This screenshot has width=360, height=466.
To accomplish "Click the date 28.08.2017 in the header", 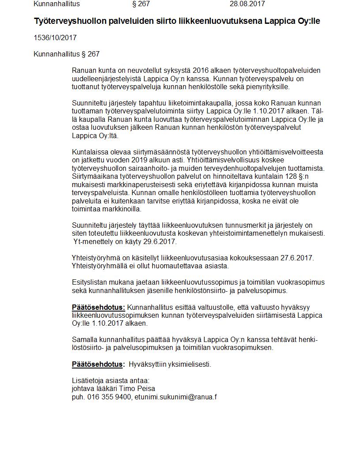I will [x=247, y=4].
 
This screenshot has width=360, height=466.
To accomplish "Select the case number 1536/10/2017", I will [x=55, y=38].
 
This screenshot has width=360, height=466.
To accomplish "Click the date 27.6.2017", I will [x=297, y=258].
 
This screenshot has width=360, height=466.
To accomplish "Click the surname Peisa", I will [x=146, y=389].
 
